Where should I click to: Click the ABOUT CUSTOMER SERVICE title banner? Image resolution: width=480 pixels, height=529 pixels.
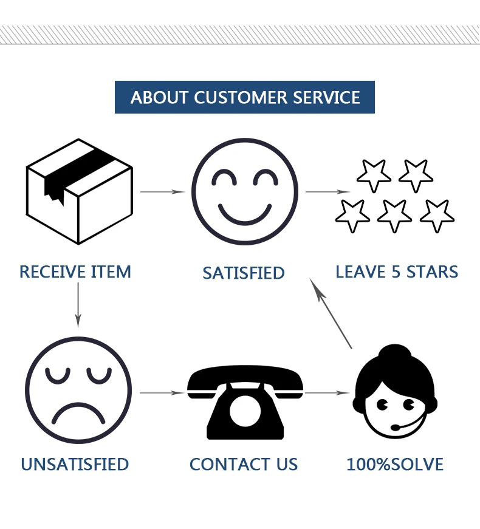[245, 97]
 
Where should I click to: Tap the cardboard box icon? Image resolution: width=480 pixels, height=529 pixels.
[79, 191]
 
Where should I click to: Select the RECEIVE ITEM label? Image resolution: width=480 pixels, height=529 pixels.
[75, 271]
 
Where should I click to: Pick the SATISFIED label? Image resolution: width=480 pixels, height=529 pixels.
[244, 273]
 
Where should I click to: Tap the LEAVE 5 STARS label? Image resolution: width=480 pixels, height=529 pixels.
[397, 271]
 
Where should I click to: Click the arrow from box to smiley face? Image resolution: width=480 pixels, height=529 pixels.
[162, 192]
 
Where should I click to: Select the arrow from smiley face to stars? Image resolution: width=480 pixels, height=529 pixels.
[327, 192]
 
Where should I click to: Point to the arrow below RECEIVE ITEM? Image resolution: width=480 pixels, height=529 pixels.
[78, 304]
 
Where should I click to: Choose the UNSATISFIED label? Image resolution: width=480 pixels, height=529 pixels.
[75, 465]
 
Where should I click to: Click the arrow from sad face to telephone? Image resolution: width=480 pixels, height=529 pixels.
[162, 393]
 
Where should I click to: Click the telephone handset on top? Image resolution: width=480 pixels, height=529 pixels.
[245, 380]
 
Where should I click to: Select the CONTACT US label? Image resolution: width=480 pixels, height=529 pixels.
[244, 465]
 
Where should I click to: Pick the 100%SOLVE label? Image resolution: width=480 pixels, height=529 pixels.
[395, 465]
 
